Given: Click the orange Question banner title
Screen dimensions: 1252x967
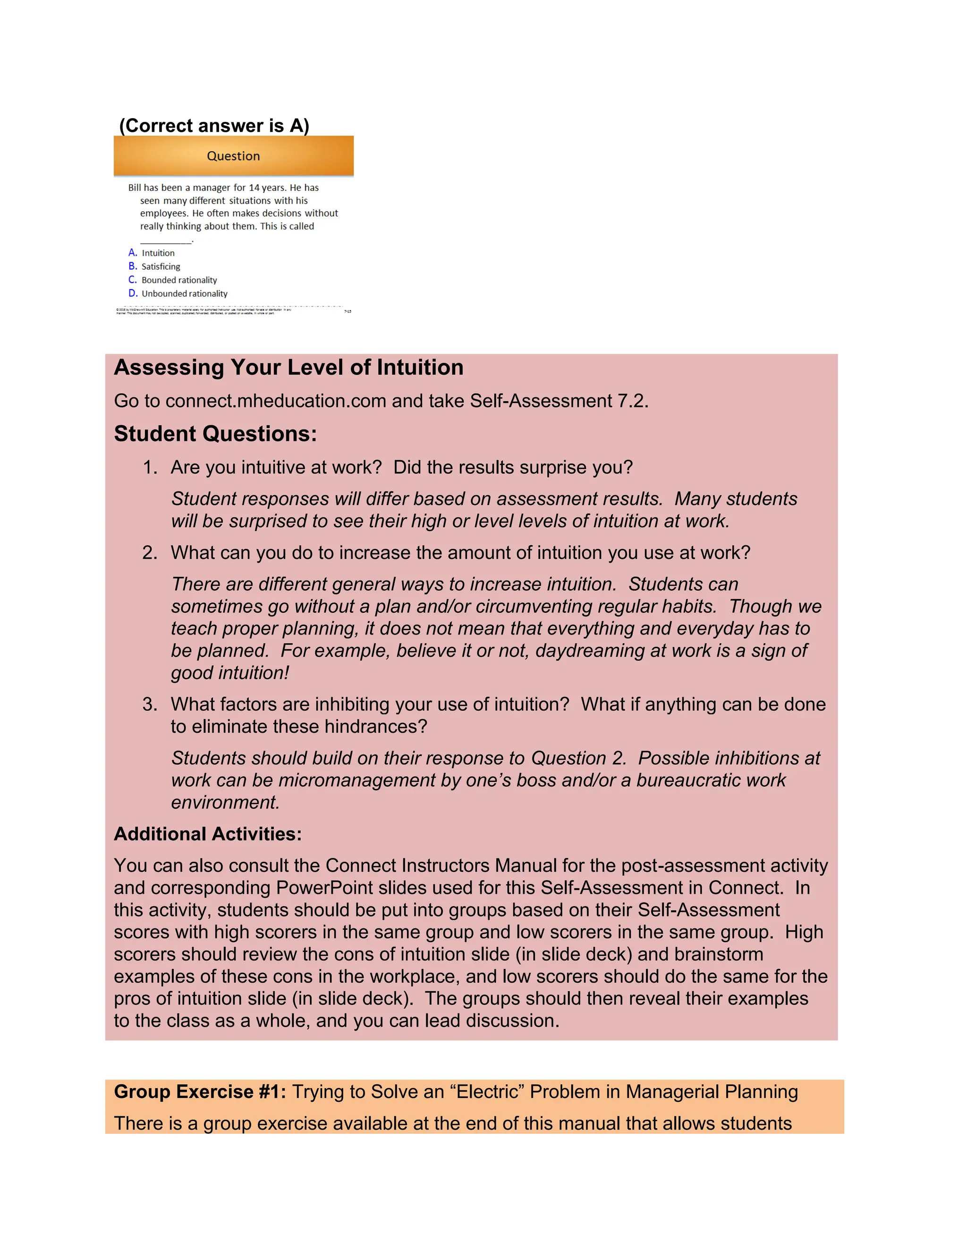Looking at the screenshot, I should click(233, 156).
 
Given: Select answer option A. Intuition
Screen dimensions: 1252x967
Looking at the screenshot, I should click(152, 253).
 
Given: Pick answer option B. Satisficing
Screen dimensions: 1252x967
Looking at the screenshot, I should click(155, 266).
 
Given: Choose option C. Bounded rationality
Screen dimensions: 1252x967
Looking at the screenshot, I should click(173, 280).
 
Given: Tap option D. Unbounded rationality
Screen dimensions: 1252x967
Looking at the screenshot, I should click(178, 293).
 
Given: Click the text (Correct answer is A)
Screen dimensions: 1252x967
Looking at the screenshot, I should click(214, 126).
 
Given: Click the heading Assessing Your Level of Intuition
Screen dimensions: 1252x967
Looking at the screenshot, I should click(288, 368).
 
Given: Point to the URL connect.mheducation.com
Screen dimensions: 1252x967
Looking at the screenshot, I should click(276, 401).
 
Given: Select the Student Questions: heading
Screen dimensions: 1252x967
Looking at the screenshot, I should click(215, 434).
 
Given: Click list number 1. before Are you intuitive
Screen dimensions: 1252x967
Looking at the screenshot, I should click(150, 467).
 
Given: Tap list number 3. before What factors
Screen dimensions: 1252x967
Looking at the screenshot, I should click(150, 704).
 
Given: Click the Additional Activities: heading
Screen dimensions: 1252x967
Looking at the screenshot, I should click(207, 833).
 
